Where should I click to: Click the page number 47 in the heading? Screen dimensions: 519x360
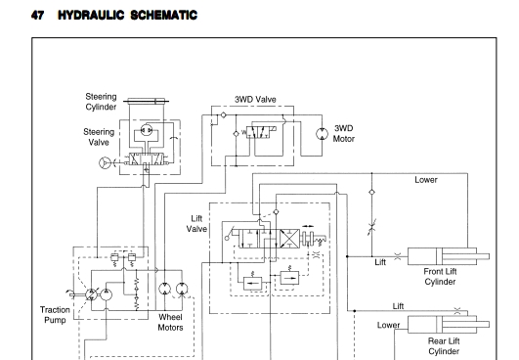(37, 16)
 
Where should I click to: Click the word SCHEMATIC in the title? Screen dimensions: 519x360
(164, 16)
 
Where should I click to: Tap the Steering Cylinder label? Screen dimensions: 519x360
(101, 102)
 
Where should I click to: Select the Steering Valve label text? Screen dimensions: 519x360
(99, 137)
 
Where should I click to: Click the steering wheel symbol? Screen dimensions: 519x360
(105, 162)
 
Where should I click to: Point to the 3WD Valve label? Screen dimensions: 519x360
(255, 100)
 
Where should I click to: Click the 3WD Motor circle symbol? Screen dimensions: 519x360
(323, 134)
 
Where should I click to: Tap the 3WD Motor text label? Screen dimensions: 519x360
(344, 133)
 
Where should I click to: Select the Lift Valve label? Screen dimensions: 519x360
(196, 224)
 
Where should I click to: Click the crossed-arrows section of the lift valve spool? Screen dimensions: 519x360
(289, 239)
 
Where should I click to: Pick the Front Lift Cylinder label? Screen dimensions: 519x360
(440, 277)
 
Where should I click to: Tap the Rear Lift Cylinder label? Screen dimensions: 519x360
(444, 346)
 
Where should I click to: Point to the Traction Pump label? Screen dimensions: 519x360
(55, 315)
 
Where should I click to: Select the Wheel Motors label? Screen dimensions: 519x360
(170, 322)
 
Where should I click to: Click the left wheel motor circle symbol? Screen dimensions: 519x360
(164, 289)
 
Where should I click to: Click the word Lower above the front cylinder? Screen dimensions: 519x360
(426, 180)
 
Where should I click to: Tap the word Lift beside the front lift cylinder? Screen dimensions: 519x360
(380, 262)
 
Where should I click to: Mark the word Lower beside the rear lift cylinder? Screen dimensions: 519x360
(389, 325)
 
